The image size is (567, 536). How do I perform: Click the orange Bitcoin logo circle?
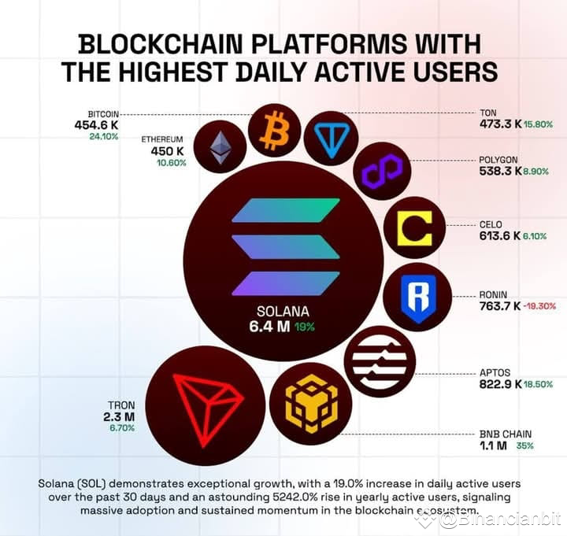coord(275,130)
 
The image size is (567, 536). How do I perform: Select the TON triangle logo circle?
coord(331,138)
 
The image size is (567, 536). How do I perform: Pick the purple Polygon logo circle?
coord(381,171)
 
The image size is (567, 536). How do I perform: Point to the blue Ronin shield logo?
coord(417,297)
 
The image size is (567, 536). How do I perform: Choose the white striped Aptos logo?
coord(380,361)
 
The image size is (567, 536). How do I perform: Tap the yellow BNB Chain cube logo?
coord(310,404)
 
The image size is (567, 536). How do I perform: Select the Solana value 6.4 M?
coord(269,327)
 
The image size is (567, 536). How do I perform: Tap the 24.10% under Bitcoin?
coord(103,136)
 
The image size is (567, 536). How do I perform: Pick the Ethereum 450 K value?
coord(168,151)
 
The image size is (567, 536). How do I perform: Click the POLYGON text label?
coord(498,159)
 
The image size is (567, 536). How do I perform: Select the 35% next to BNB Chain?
coord(524,445)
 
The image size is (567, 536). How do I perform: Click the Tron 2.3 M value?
coord(119,416)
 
